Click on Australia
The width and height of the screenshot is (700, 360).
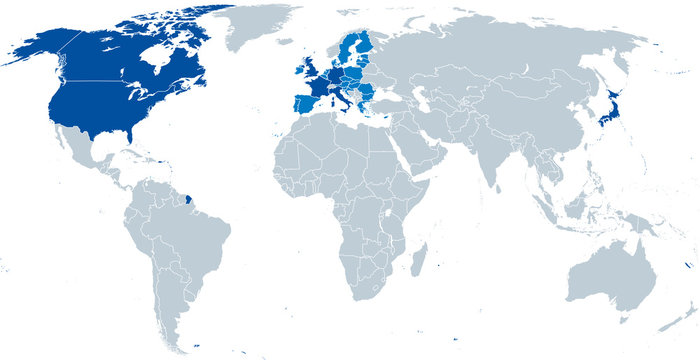[x=610, y=270]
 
